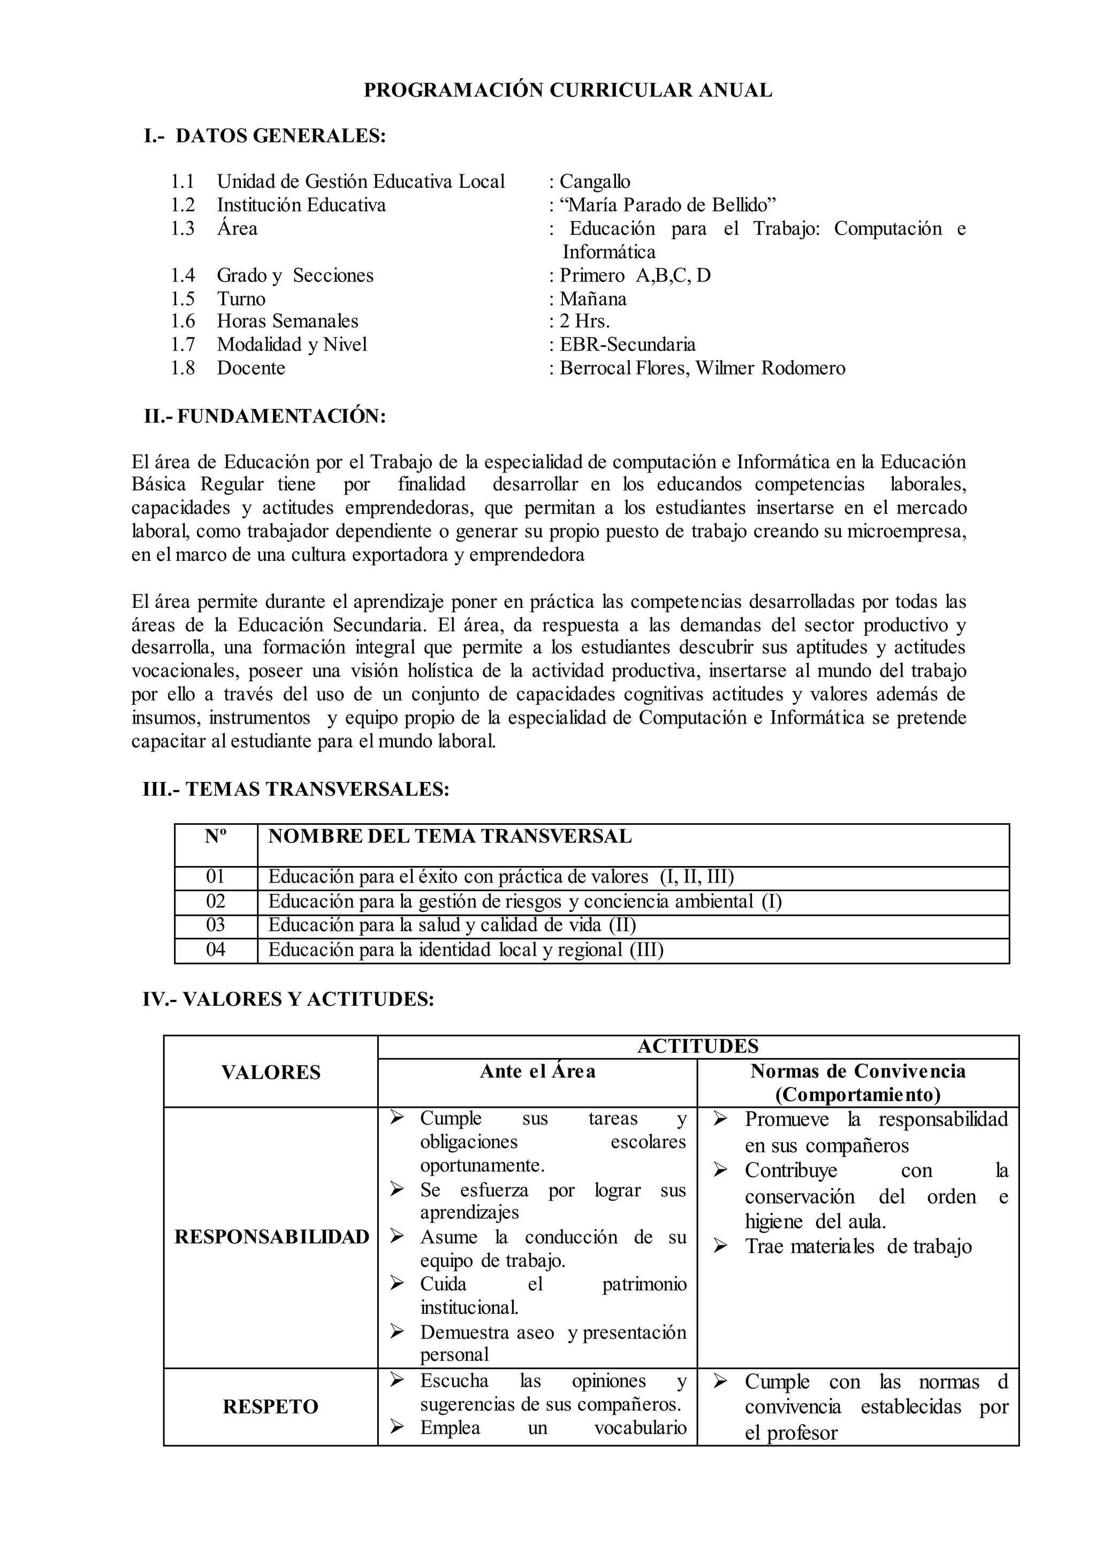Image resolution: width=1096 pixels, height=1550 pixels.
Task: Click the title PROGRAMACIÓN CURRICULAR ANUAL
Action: [568, 90]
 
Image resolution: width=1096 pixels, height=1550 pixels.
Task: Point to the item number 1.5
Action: [182, 299]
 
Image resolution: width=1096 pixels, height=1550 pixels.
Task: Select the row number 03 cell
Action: [215, 925]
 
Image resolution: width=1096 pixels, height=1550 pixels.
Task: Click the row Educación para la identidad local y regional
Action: [466, 950]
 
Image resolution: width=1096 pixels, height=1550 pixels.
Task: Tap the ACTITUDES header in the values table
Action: [698, 1046]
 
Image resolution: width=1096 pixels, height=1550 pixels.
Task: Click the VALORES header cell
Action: [271, 1072]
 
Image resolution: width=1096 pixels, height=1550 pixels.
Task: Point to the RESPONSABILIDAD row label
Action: [271, 1237]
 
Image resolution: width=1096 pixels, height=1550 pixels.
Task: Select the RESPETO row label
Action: [271, 1407]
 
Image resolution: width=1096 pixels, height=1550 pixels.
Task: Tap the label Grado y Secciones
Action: [295, 276]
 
